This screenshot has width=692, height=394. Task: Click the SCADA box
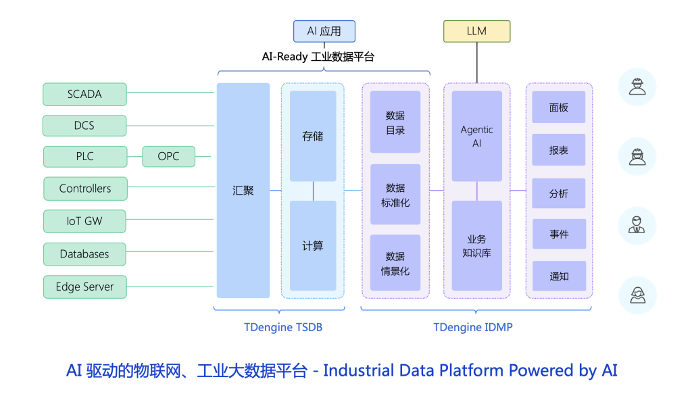pyautogui.click(x=84, y=95)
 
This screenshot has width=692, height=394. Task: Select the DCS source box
pyautogui.click(x=84, y=126)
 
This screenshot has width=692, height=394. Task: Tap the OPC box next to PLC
pyautogui.click(x=168, y=157)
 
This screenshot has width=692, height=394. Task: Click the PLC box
pyautogui.click(x=84, y=157)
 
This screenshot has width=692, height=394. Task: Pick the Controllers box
pyautogui.click(x=85, y=189)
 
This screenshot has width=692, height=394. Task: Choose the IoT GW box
pyautogui.click(x=84, y=221)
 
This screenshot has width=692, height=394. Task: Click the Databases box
pyautogui.click(x=84, y=254)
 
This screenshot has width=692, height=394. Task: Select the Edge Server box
pyautogui.click(x=84, y=287)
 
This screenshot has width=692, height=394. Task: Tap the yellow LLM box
pyautogui.click(x=476, y=31)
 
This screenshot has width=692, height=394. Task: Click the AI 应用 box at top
pyautogui.click(x=324, y=31)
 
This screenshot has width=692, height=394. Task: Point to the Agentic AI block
pyautogui.click(x=476, y=137)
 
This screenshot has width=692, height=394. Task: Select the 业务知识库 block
pyautogui.click(x=476, y=246)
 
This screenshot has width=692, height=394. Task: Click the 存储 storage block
pyautogui.click(x=313, y=136)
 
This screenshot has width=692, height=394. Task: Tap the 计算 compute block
pyautogui.click(x=313, y=246)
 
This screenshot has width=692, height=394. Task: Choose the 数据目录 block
pyautogui.click(x=395, y=122)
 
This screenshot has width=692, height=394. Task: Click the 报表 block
pyautogui.click(x=559, y=151)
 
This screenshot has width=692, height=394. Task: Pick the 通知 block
pyautogui.click(x=559, y=276)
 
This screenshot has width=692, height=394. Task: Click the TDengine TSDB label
pyautogui.click(x=283, y=328)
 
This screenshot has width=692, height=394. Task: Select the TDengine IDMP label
pyautogui.click(x=473, y=328)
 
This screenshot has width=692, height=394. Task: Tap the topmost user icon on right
pyautogui.click(x=637, y=87)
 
